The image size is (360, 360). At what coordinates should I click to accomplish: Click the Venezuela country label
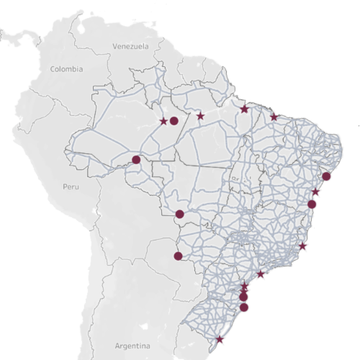tap(130, 46)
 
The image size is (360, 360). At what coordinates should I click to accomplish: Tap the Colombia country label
tap(66, 69)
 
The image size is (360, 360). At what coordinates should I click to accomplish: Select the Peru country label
tap(70, 186)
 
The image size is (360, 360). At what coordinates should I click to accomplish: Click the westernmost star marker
tap(163, 121)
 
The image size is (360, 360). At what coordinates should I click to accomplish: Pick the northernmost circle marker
tap(174, 121)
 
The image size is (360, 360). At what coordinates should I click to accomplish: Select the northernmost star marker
tap(245, 109)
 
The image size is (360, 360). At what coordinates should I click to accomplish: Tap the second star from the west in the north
tap(200, 116)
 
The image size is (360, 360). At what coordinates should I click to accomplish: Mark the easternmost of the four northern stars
tap(274, 117)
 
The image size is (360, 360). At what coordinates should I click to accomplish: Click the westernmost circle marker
tap(136, 159)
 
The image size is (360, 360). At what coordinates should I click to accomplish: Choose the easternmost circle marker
tap(326, 176)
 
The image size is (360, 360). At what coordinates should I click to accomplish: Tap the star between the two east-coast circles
tap(316, 192)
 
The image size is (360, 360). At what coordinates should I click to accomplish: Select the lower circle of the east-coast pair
tap(312, 204)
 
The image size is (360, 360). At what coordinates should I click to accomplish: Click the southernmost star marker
tap(220, 339)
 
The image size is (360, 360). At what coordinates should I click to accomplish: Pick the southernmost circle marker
tap(244, 307)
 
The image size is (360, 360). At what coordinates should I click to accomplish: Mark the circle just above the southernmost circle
tap(243, 297)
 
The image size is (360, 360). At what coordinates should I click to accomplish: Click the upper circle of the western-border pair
tap(179, 214)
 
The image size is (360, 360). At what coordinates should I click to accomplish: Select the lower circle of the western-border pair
tap(179, 256)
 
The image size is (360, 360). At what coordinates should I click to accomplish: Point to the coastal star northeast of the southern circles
tap(261, 274)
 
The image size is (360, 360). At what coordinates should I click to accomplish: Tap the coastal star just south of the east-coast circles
tap(302, 246)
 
